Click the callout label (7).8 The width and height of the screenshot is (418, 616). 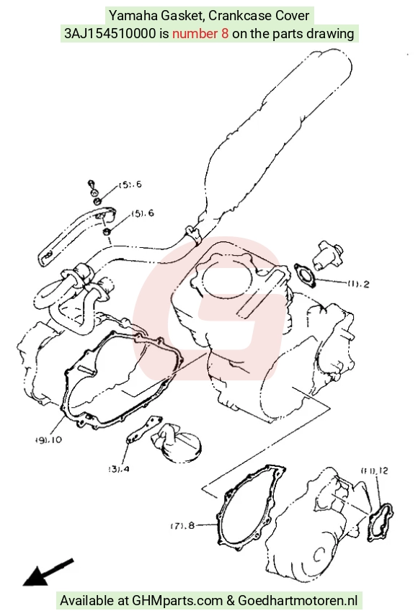point(182,525)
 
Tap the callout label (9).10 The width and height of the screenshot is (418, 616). point(49,439)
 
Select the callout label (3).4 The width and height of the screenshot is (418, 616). point(119,468)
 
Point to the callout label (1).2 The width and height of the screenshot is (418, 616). point(358,283)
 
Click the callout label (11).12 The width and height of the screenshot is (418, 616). point(374,470)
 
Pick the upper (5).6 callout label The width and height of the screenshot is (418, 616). point(130,184)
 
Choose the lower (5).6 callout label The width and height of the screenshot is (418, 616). point(143,213)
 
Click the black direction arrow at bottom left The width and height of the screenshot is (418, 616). point(48,571)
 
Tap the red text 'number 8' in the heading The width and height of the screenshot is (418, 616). point(200,34)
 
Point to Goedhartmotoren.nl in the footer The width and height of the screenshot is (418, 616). point(298,600)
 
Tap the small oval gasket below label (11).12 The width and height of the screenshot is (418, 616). point(380,522)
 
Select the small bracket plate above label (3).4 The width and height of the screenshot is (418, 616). point(144,429)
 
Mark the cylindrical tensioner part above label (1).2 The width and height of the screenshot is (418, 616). point(327,255)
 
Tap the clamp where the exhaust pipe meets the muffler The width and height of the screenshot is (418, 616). point(192,234)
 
